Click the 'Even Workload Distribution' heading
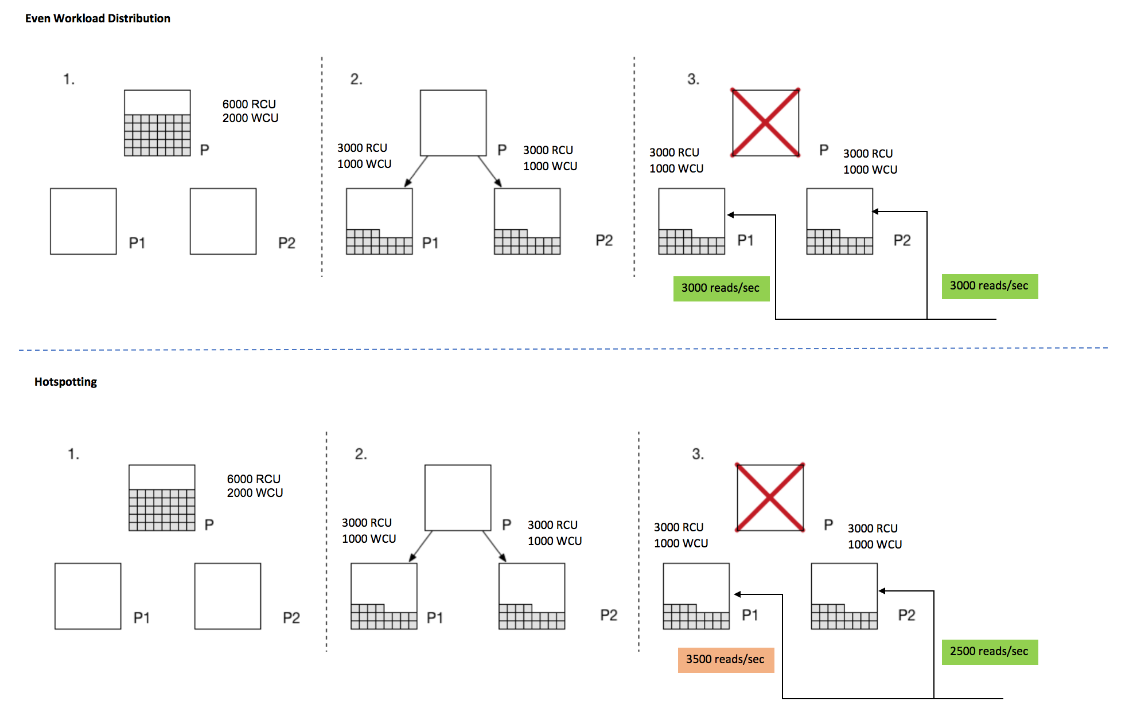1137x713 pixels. tap(98, 18)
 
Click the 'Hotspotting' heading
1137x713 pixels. tap(65, 382)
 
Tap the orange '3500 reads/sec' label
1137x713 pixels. tap(725, 660)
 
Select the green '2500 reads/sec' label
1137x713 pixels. tap(989, 652)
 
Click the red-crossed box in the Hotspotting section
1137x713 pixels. tap(769, 497)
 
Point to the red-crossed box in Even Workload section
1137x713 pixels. tap(765, 123)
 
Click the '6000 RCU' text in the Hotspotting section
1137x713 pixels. tap(254, 479)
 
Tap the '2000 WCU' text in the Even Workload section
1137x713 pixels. tap(250, 118)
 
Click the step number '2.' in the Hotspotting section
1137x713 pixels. tap(360, 454)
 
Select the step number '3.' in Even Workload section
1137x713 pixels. tap(693, 79)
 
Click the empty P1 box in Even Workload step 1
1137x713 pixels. tap(83, 221)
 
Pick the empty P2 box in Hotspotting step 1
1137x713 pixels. tap(228, 596)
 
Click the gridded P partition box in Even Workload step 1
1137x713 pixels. tap(157, 123)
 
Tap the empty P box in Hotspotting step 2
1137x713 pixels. tap(458, 497)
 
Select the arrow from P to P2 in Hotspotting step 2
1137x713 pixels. tap(494, 546)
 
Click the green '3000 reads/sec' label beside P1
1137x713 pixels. tap(721, 288)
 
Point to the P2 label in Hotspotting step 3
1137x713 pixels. tap(906, 615)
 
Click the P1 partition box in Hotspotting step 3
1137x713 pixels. tap(696, 596)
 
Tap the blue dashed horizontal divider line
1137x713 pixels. tap(562, 348)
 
